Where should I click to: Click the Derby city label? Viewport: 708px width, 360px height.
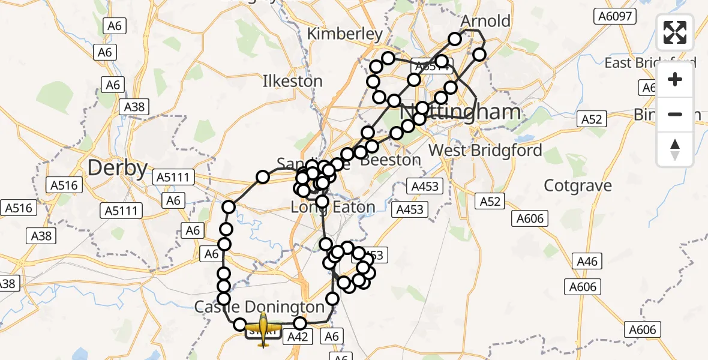118,168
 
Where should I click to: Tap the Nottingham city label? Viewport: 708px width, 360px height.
460,112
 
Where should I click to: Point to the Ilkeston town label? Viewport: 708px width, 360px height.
292,81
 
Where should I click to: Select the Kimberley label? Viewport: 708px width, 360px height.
344,34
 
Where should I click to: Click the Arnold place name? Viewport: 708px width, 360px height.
485,21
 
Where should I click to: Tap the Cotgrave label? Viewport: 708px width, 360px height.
578,185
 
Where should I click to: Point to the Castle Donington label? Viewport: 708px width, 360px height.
259,307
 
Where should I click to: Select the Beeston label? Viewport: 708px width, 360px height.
395,160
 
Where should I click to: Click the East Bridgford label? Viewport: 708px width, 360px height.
650,63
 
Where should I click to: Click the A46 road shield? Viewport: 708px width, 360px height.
587,261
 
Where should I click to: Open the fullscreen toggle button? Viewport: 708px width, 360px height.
675,32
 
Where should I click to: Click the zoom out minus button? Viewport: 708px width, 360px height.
675,114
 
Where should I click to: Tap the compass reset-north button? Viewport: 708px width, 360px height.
675,149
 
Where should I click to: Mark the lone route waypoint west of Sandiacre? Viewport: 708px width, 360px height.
263,176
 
